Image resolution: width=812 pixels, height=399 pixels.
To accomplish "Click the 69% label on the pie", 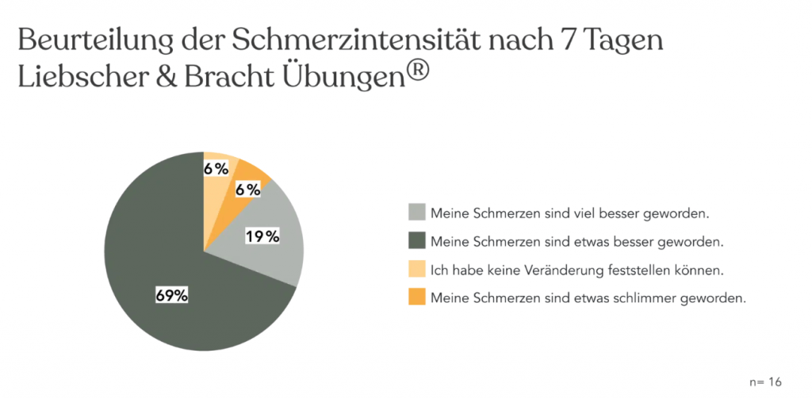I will [171, 295].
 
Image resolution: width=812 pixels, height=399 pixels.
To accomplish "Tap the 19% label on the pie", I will [262, 236].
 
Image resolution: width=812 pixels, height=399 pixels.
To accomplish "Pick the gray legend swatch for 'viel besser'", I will [416, 213].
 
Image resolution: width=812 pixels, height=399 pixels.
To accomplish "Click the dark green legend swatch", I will [416, 240].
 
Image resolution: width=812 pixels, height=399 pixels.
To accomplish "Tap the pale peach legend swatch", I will [416, 269].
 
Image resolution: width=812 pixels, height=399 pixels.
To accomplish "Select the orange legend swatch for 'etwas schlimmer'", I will [416, 297].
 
